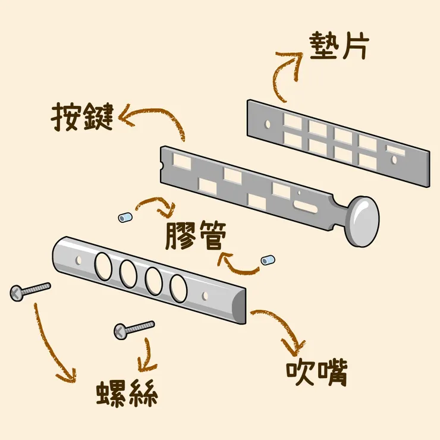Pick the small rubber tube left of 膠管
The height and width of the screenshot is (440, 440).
coord(124,218)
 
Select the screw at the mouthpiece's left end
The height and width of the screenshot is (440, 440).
coord(30,290)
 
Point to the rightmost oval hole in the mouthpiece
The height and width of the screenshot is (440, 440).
coord(177,287)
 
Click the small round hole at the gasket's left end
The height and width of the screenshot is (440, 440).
coord(267,124)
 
